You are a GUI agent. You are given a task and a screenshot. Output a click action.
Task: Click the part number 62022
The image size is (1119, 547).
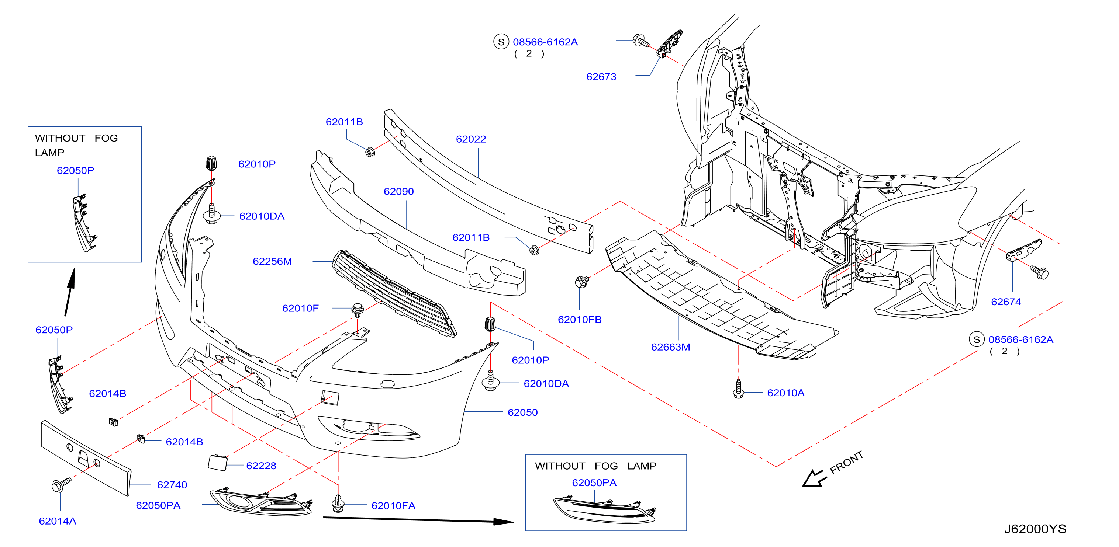pos(471,139)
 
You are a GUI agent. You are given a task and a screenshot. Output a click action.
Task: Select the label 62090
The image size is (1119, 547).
pos(399,191)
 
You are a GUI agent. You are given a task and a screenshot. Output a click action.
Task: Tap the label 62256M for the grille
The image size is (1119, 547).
pos(272,261)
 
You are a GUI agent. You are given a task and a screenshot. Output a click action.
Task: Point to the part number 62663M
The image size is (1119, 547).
pos(670,347)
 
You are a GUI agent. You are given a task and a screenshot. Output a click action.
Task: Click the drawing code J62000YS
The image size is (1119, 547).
pos(1035,529)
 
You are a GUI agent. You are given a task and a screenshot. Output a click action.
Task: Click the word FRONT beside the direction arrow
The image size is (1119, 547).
pos(846,463)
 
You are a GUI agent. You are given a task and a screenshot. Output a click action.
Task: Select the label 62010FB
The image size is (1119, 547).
pos(580,320)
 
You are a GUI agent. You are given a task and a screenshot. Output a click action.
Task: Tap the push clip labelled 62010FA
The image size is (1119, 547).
pos(338,504)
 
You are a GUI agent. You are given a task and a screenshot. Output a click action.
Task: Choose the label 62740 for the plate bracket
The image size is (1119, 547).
pos(172,485)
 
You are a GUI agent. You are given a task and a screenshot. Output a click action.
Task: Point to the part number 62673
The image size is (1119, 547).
pos(601,77)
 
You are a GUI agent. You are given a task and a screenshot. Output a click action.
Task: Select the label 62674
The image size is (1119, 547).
pos(1006,302)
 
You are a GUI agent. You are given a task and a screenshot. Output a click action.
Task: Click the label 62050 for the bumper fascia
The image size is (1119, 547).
pos(522,412)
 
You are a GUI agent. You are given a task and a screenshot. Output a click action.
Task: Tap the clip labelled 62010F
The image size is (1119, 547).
pos(358,310)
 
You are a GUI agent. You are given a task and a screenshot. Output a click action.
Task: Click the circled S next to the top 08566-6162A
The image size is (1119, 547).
pos(501,42)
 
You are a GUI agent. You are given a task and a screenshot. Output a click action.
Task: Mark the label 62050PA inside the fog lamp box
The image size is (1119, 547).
pos(594,483)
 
